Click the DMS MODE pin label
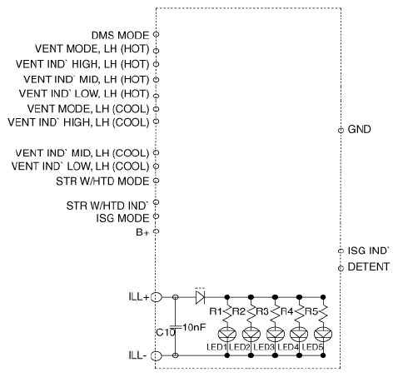pyautogui.click(x=120, y=35)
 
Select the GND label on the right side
pyautogui.click(x=359, y=129)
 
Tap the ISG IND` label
pyautogui.click(x=369, y=251)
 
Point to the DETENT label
pyautogui.click(x=369, y=266)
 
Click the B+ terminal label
pyautogui.click(x=142, y=232)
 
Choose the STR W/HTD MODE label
pyautogui.click(x=102, y=181)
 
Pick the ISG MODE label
pyautogui.click(x=122, y=218)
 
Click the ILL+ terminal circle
pyautogui.click(x=157, y=297)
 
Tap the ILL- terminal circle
pyautogui.click(x=157, y=355)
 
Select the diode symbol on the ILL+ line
pyautogui.click(x=200, y=297)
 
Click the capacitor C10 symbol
pyautogui.click(x=175, y=326)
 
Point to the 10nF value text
pyautogui.click(x=194, y=327)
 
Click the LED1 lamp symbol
pyautogui.click(x=227, y=335)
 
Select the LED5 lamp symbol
pyautogui.click(x=323, y=335)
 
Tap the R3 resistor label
pyautogui.click(x=262, y=311)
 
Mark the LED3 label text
pyautogui.click(x=264, y=347)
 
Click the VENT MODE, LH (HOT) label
pyautogui.click(x=92, y=49)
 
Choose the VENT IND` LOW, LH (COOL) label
pyautogui.click(x=80, y=166)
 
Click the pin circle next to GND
pyautogui.click(x=341, y=130)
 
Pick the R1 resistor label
pyautogui.click(x=216, y=311)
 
